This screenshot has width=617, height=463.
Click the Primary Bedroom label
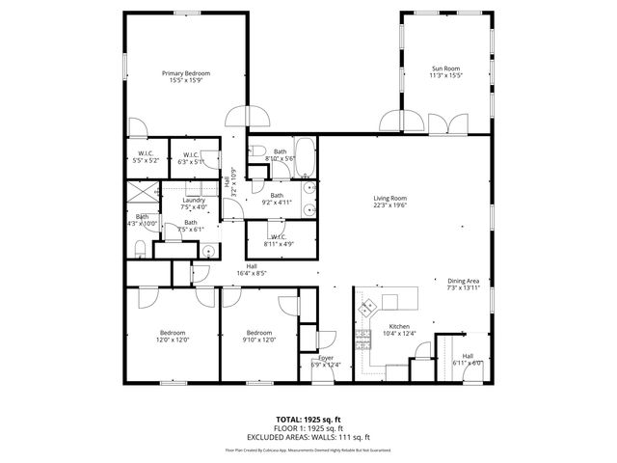pyautogui.click(x=186, y=77)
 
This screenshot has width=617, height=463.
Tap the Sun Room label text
pyautogui.click(x=445, y=71)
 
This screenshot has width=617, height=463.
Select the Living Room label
pyautogui.click(x=390, y=202)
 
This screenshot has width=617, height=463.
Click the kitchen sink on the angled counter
pyautogui.click(x=369, y=309)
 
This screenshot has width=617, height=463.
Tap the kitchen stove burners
pyautogui.click(x=363, y=338)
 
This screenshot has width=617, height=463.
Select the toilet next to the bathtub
pyautogui.click(x=257, y=151)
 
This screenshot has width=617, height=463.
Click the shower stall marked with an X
pyautogui.click(x=142, y=191)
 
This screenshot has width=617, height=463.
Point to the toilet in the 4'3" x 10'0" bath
pyautogui.click(x=140, y=251)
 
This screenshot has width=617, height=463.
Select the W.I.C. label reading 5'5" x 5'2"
pyautogui.click(x=147, y=156)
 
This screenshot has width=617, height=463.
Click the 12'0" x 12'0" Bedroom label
pyautogui.click(x=173, y=337)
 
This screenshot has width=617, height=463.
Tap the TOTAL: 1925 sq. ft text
pyautogui.click(x=309, y=420)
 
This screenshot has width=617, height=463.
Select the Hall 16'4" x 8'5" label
pyautogui.click(x=252, y=270)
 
